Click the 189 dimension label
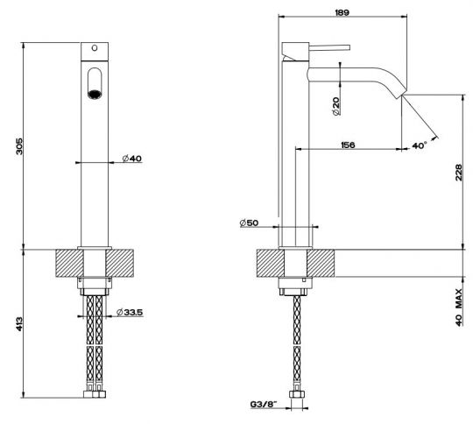pos(342,12)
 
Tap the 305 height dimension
pos(19,146)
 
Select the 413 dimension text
pos(19,323)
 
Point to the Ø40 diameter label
pos(131,159)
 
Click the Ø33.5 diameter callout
pos(130,312)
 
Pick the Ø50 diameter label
pos(249,223)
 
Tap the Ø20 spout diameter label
pos(335,106)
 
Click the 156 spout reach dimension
pos(348,145)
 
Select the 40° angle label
pos(420,145)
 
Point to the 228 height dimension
pos(458,173)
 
